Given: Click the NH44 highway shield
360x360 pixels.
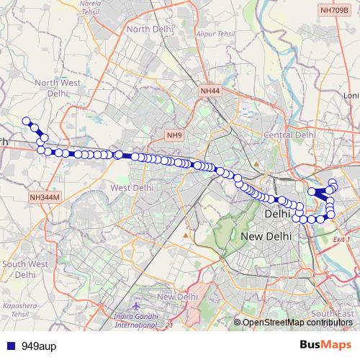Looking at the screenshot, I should [x=210, y=91].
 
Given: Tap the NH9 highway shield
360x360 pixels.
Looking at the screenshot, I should [x=175, y=135].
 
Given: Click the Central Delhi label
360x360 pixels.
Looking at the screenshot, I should [x=289, y=135].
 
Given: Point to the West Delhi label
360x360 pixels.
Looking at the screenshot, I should [x=131, y=187].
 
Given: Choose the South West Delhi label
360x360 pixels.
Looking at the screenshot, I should [x=24, y=269].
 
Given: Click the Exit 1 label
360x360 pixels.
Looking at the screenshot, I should [x=342, y=239].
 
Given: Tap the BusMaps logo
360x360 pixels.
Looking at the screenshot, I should [x=325, y=345].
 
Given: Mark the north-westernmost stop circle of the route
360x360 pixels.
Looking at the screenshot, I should [x=27, y=121].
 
